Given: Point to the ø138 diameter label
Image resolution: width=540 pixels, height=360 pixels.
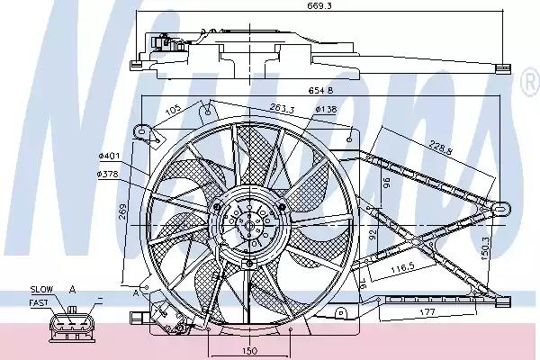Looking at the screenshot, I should pos(324,109).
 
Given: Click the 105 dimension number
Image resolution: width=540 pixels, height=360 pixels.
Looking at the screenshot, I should pos(174,109).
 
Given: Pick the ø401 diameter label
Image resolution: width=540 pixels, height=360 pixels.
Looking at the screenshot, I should pos(109,155).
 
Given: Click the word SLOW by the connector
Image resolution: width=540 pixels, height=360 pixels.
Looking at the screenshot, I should pos(40,289).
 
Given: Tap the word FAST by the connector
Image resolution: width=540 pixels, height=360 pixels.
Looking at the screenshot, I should pos(40,302).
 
